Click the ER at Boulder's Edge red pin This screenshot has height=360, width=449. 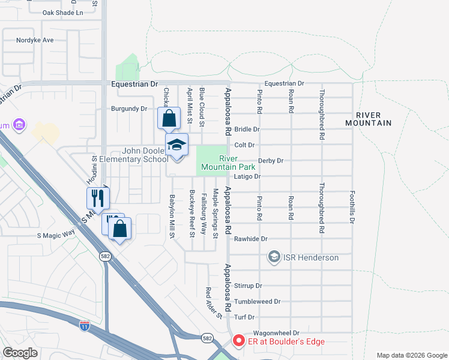238,341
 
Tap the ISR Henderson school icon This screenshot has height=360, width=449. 274,257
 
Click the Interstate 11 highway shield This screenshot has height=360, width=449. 85,326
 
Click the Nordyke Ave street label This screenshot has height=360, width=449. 36,40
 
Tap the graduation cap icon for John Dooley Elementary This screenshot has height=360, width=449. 177,145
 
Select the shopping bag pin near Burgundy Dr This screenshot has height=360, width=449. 169,118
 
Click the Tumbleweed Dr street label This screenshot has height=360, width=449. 258,301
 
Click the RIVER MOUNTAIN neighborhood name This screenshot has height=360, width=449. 369,119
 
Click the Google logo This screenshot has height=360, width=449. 20,353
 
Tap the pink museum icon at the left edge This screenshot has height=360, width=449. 19,125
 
